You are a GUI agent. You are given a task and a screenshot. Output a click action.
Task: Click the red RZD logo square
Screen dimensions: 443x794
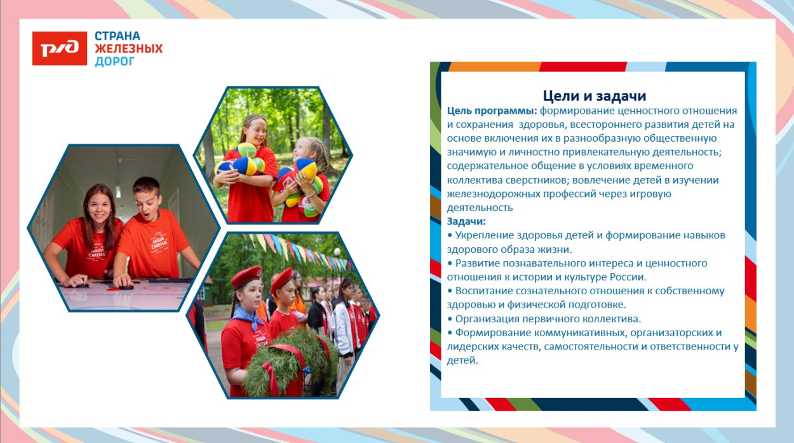tap(59, 48)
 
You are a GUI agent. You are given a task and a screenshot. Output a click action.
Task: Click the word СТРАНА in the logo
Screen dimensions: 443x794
tap(118, 36)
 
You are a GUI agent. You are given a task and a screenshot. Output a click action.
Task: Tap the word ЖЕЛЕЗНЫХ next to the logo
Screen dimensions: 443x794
tap(128, 48)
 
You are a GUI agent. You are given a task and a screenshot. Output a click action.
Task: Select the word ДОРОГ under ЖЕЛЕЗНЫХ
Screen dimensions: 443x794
tap(115, 61)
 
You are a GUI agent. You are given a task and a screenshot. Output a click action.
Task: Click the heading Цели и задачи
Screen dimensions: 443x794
tap(594, 96)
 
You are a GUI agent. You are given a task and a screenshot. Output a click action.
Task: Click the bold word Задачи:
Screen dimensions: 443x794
tap(466, 221)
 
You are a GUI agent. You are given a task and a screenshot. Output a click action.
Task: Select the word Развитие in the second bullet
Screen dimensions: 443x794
tap(478, 263)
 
